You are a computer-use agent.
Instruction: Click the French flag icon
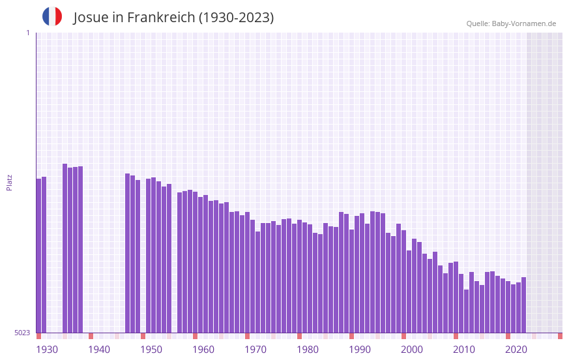point(52,16)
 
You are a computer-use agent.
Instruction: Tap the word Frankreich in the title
point(161,18)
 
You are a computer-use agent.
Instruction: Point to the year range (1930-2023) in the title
point(236,18)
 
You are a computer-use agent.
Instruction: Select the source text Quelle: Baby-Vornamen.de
point(511,23)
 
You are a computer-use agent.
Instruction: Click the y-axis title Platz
point(9,182)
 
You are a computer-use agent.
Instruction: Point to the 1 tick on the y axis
point(27,33)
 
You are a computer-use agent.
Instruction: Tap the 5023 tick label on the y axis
point(22,333)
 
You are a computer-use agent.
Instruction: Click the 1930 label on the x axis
point(47,350)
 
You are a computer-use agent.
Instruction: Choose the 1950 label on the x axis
point(151,350)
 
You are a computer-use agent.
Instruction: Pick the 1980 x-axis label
point(308,350)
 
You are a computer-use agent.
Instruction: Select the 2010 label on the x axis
point(464,350)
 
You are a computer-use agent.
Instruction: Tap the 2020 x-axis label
point(516,350)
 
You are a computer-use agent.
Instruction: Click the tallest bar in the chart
point(65,248)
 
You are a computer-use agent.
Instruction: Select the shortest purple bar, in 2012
point(466,311)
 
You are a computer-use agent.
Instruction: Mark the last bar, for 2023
point(523,305)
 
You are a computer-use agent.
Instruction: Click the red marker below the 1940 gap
point(91,336)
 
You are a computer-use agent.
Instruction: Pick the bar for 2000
point(403,281)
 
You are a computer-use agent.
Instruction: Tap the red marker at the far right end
point(560,336)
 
